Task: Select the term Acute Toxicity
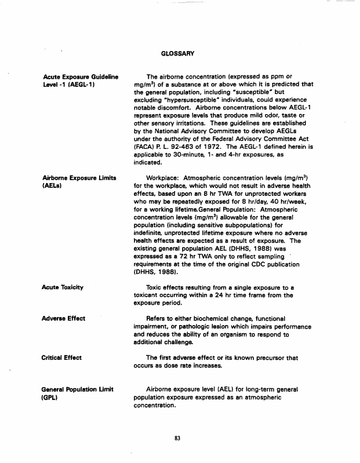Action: (63, 287)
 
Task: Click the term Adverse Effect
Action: (64, 318)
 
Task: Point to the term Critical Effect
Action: (62, 358)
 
